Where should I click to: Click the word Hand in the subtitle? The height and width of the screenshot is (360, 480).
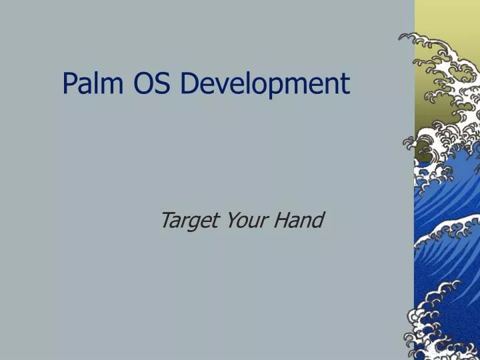(x=298, y=219)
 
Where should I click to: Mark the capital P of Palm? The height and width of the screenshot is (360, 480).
(x=69, y=83)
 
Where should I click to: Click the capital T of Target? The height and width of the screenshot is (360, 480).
(x=167, y=219)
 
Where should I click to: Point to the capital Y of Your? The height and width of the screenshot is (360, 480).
(x=231, y=219)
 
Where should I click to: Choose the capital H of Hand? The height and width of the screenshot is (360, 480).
(x=281, y=219)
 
